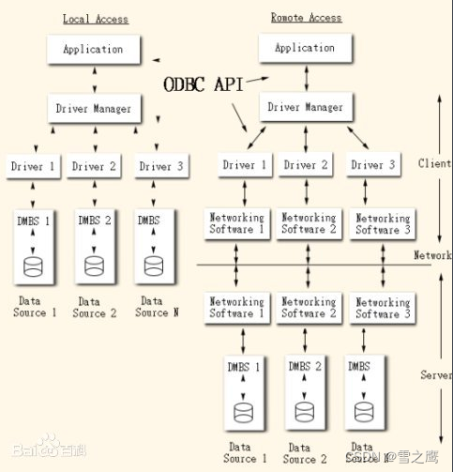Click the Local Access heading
click(x=96, y=19)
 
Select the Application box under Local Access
click(x=93, y=49)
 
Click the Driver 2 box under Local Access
click(x=94, y=167)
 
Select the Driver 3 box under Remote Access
click(x=372, y=165)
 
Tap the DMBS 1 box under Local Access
click(x=33, y=245)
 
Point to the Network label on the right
click(x=432, y=255)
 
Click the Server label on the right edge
click(x=435, y=374)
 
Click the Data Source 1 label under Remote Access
click(x=245, y=453)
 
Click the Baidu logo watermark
click(x=38, y=451)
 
